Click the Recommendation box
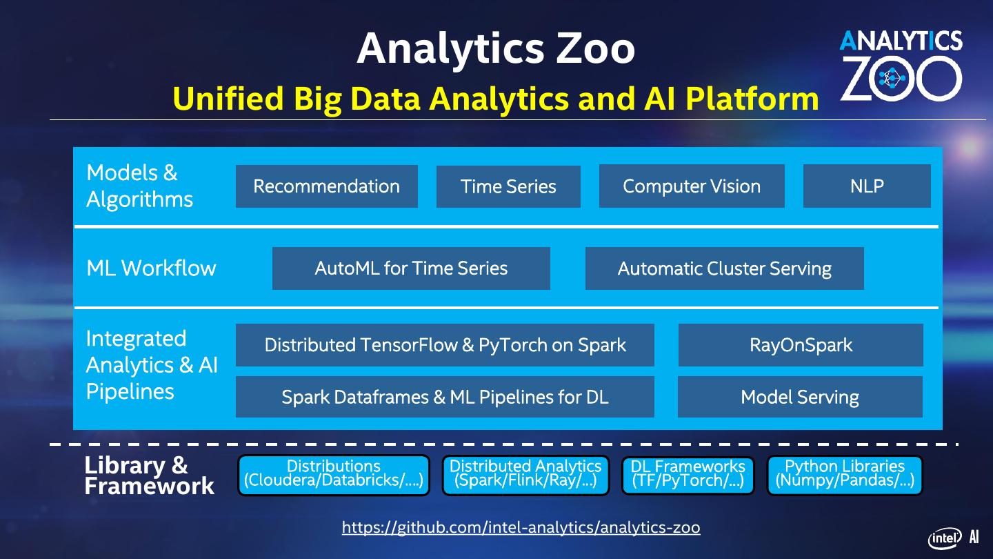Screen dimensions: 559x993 (326, 186)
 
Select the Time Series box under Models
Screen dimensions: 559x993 (508, 186)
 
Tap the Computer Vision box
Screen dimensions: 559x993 (692, 186)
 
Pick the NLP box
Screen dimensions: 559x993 (867, 186)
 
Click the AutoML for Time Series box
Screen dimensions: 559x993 (411, 268)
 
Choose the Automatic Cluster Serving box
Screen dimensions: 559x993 (724, 268)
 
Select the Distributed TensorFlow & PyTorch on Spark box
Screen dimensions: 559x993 (445, 345)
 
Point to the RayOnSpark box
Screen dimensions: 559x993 (801, 345)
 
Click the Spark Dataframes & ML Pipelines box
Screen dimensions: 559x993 (445, 397)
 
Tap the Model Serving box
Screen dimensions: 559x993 (800, 397)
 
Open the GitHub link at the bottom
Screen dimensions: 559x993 (521, 528)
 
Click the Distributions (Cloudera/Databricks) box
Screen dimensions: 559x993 (334, 475)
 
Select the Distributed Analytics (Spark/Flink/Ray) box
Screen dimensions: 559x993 (525, 475)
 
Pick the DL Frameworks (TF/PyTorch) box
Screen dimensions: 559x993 (688, 475)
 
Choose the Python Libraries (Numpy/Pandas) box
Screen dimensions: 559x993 (845, 475)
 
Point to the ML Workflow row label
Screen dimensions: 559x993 (151, 268)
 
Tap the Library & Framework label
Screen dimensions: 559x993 (149, 475)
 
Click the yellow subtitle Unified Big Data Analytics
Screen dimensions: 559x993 (495, 99)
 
